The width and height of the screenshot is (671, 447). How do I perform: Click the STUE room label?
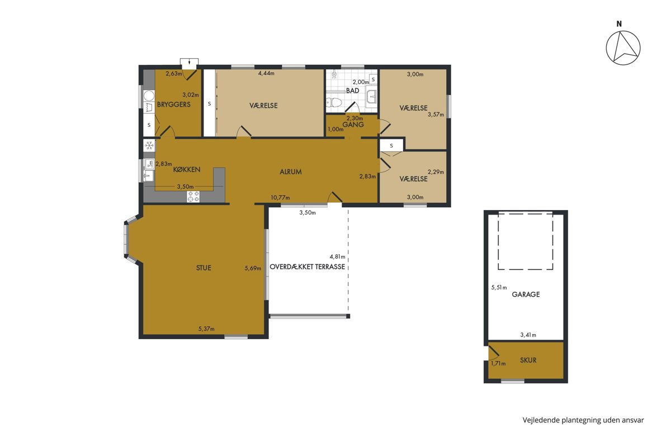[x=204, y=268]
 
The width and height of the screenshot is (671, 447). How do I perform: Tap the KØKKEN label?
[x=187, y=169]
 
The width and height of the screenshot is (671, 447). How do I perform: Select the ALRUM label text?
[x=291, y=172]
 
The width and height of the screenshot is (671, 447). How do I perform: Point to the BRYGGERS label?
[x=174, y=104]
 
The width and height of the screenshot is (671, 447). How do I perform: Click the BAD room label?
[x=353, y=91]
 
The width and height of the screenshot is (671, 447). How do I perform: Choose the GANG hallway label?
[x=353, y=125]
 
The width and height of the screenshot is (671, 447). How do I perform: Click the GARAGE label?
[x=526, y=294]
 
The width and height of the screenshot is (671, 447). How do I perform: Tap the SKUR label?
[x=528, y=360]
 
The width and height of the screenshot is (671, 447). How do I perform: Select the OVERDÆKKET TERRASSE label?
[x=308, y=267]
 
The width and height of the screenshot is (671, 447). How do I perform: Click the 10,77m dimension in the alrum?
[x=280, y=198]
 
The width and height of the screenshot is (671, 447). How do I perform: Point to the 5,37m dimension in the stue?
[x=206, y=329]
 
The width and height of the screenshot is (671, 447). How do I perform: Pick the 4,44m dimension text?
[x=266, y=73]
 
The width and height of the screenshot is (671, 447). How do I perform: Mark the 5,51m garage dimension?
[x=499, y=287]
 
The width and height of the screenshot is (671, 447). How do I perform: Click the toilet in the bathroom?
[x=334, y=102]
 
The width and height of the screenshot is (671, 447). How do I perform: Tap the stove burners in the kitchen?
[x=193, y=197]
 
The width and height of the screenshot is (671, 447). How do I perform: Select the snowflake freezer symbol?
[x=149, y=146]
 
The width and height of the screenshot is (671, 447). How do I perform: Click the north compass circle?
[x=623, y=47]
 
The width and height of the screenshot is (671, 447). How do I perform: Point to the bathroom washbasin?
[x=372, y=97]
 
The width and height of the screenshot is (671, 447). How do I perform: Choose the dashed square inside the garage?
[x=526, y=241]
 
